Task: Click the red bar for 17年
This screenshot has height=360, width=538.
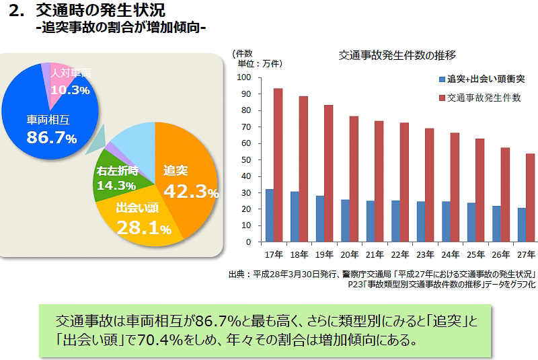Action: click(278, 165)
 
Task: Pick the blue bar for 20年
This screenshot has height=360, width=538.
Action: click(345, 220)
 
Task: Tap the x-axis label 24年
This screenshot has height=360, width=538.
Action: click(451, 254)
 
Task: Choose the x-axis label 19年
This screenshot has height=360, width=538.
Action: click(324, 254)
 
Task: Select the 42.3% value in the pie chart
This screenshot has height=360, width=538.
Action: click(191, 192)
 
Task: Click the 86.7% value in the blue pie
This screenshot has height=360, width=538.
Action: click(51, 138)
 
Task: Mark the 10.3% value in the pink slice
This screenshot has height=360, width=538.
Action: click(71, 89)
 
